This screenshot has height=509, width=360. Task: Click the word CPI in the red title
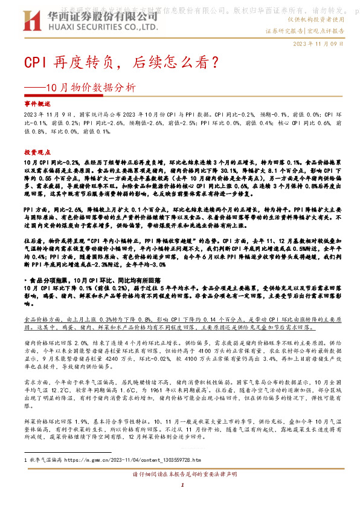point(34,62)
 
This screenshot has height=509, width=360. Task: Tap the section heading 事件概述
point(36,104)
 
